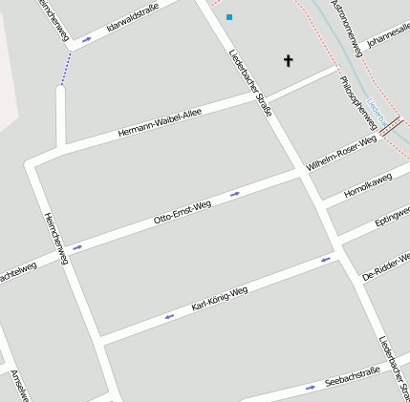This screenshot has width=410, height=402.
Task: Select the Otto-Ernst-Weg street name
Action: (x=183, y=212)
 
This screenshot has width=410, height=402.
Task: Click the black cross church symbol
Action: (x=288, y=60)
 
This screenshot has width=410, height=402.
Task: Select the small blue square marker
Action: (x=229, y=17)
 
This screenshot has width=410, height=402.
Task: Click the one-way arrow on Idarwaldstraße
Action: (x=87, y=40)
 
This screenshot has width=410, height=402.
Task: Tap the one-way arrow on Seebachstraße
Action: (x=310, y=388)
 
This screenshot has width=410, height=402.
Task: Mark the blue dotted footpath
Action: (x=66, y=69)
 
